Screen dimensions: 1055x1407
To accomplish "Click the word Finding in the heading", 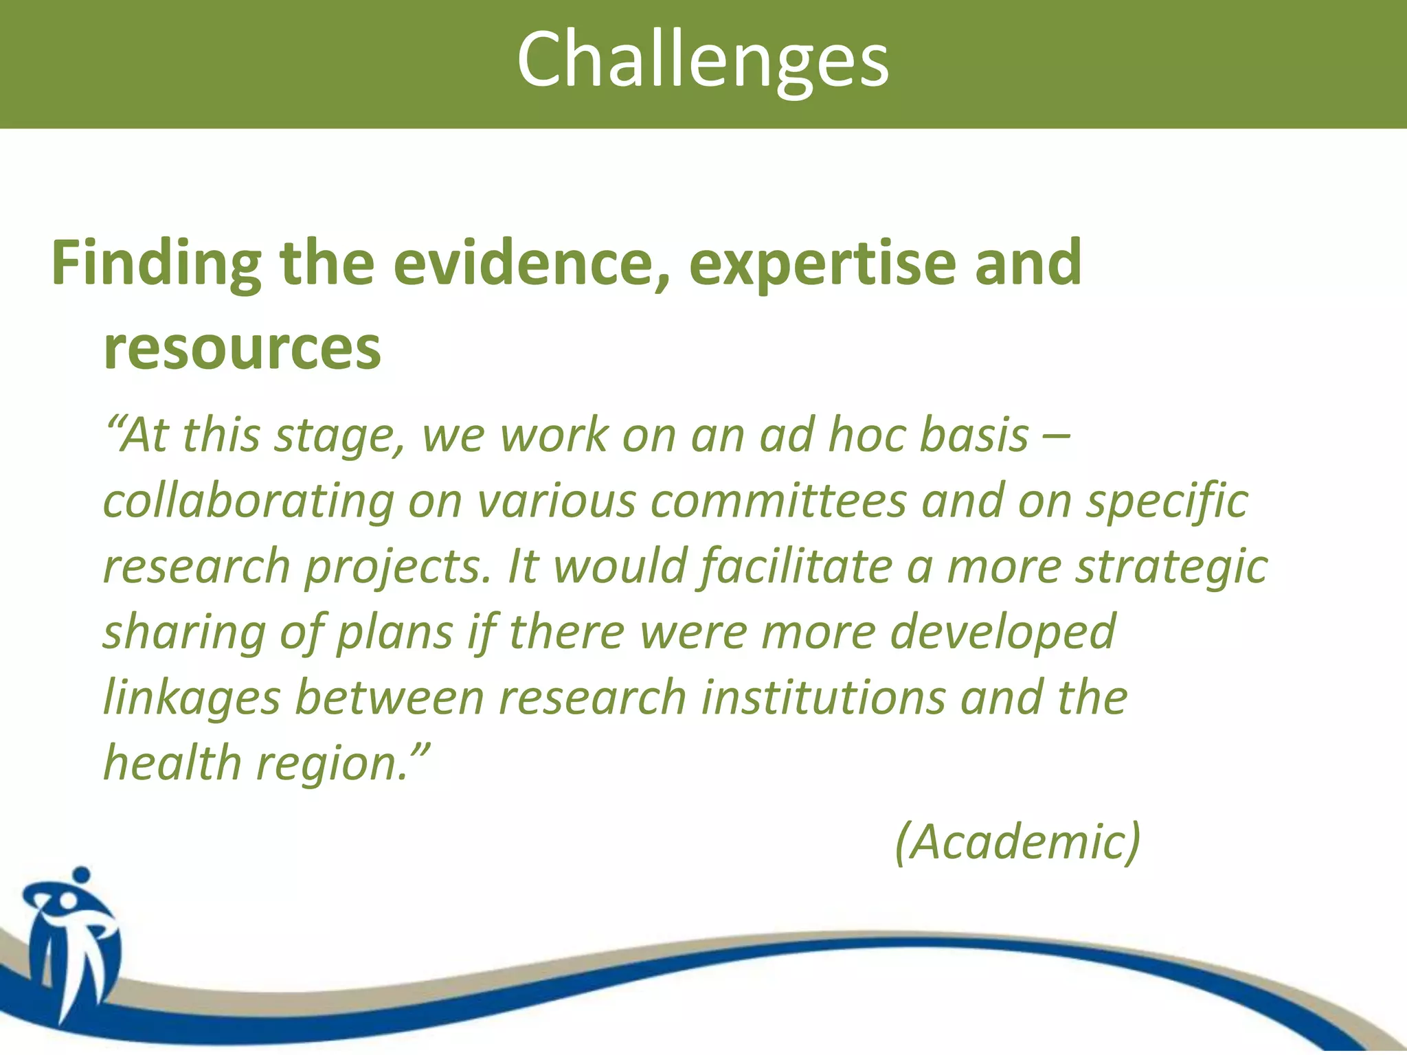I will pyautogui.click(x=156, y=264).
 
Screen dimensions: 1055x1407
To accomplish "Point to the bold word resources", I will pyautogui.click(x=242, y=348).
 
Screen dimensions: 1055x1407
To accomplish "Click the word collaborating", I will pyautogui.click(x=248, y=501).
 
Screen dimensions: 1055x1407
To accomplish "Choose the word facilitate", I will pyautogui.click(x=796, y=567).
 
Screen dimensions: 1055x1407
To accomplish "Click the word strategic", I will pyautogui.click(x=1171, y=567).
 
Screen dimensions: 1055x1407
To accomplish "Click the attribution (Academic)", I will pyautogui.click(x=1017, y=841).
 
